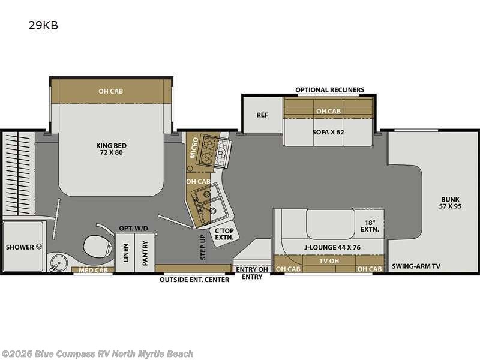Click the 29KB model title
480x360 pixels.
click(x=43, y=25)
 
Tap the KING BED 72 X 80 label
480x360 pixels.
click(x=111, y=149)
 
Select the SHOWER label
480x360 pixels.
click(x=20, y=247)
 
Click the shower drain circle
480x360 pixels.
click(x=39, y=247)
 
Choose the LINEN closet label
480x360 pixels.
click(x=126, y=253)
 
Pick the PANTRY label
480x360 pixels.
click(x=145, y=253)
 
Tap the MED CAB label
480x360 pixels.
click(x=93, y=270)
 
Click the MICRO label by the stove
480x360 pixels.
click(x=194, y=148)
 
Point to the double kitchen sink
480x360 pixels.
click(x=209, y=203)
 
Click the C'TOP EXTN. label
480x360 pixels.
click(x=224, y=234)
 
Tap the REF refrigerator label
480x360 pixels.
click(x=262, y=115)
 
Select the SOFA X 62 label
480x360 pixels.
click(x=328, y=132)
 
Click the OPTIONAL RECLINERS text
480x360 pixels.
click(x=330, y=89)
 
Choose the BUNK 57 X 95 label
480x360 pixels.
click(x=450, y=203)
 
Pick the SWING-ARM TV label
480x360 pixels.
click(x=416, y=266)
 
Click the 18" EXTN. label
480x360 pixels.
click(x=370, y=226)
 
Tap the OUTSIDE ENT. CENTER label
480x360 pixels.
click(x=194, y=280)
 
